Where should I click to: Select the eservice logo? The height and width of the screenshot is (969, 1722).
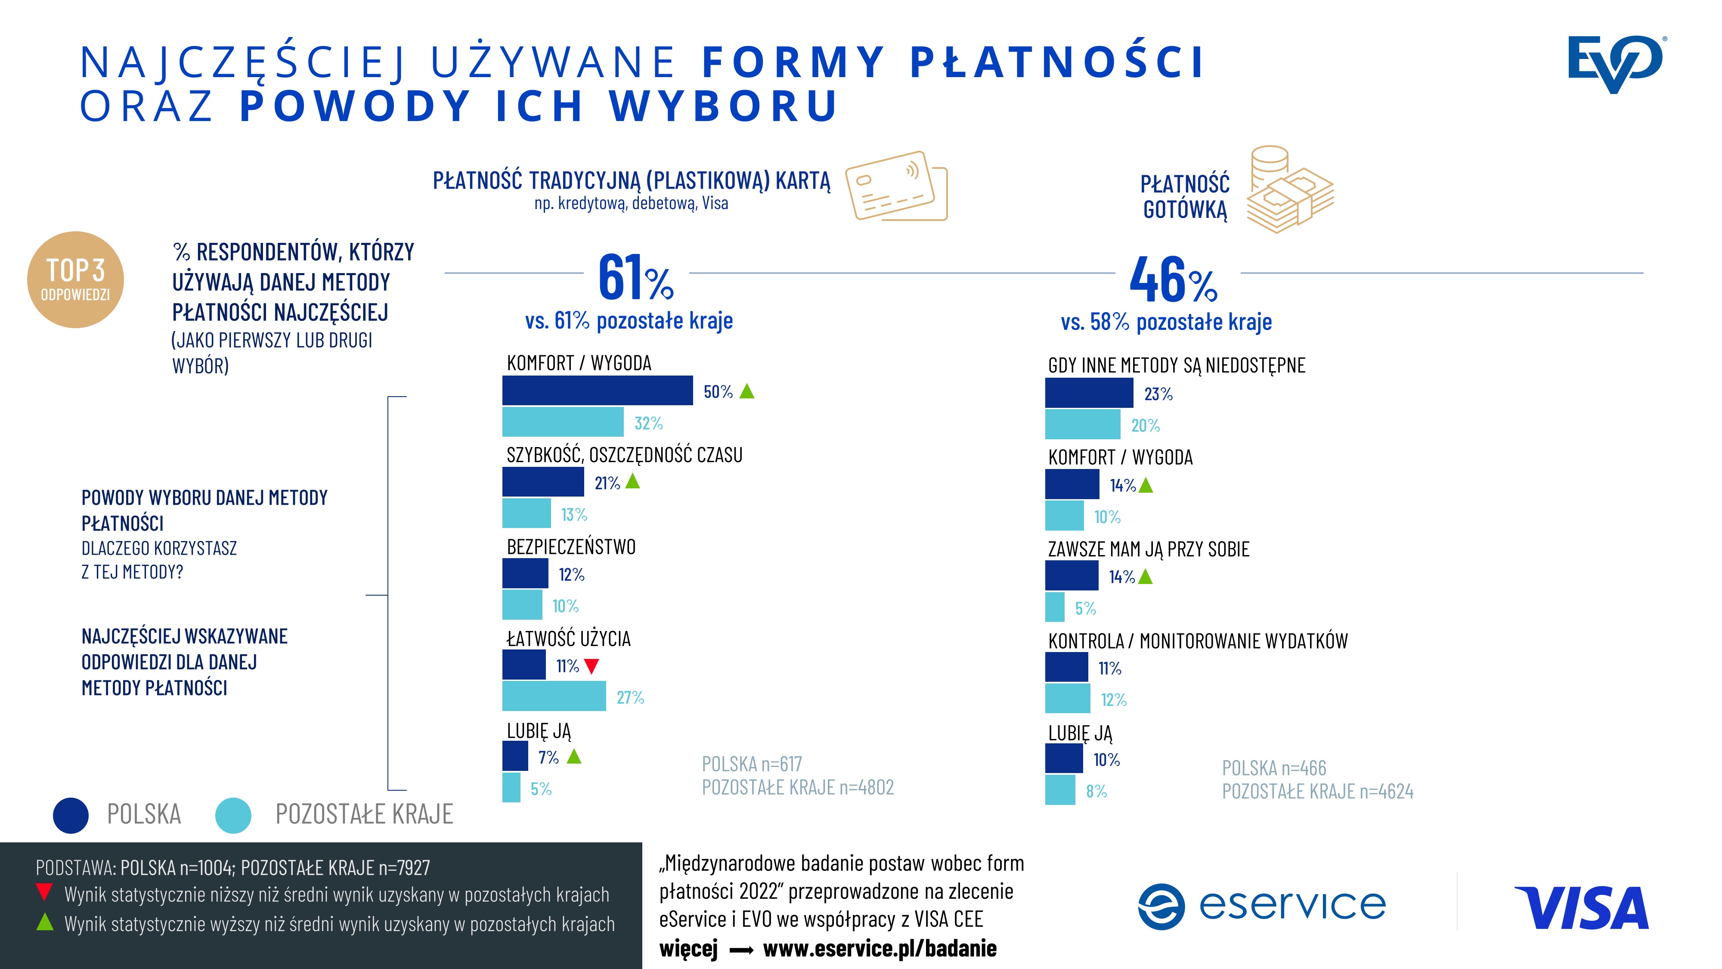1262,906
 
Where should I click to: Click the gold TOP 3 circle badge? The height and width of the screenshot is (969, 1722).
75,280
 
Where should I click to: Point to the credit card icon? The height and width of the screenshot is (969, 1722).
896,186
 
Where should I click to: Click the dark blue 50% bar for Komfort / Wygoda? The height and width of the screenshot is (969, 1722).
597,391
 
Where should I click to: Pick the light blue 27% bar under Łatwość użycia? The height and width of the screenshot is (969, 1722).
554,696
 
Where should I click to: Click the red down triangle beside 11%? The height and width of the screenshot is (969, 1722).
592,666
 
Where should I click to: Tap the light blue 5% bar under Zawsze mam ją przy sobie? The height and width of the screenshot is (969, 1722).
1055,607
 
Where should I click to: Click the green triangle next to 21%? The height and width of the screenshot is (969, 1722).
632,481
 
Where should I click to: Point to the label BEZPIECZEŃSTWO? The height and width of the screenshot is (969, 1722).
571,547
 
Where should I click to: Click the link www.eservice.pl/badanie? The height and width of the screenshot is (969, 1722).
879,948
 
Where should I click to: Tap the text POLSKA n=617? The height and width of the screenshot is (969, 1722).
751,764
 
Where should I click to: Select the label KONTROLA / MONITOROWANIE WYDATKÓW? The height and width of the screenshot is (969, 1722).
1197,641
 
